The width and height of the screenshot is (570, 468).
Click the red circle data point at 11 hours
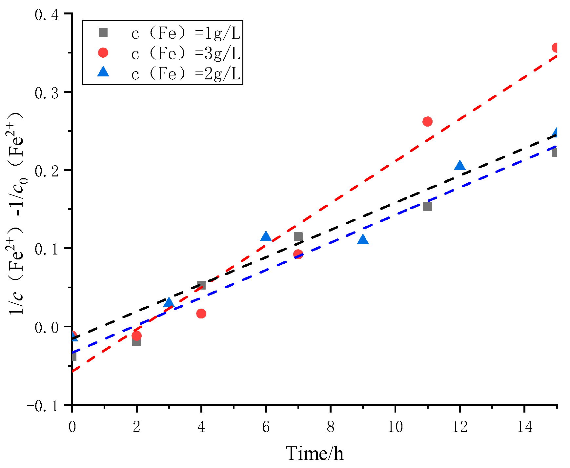[x=427, y=122]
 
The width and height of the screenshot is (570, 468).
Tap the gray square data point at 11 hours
[x=427, y=206]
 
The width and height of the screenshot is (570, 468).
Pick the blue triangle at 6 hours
[x=266, y=236]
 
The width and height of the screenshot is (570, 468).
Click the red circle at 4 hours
[x=201, y=314]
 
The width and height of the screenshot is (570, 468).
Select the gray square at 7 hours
[x=298, y=236]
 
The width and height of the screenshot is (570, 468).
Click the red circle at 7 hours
[x=298, y=254]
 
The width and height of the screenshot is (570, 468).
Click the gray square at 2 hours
[x=136, y=341]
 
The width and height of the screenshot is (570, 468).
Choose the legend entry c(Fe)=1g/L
[x=186, y=33]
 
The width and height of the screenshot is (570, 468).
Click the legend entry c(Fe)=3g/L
[x=186, y=53]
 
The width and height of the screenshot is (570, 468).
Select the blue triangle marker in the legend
[x=103, y=72]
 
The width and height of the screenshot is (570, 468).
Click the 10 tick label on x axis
[x=395, y=427]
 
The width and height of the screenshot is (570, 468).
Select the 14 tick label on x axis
[x=524, y=427]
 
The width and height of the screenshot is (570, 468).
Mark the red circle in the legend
[x=103, y=52]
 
